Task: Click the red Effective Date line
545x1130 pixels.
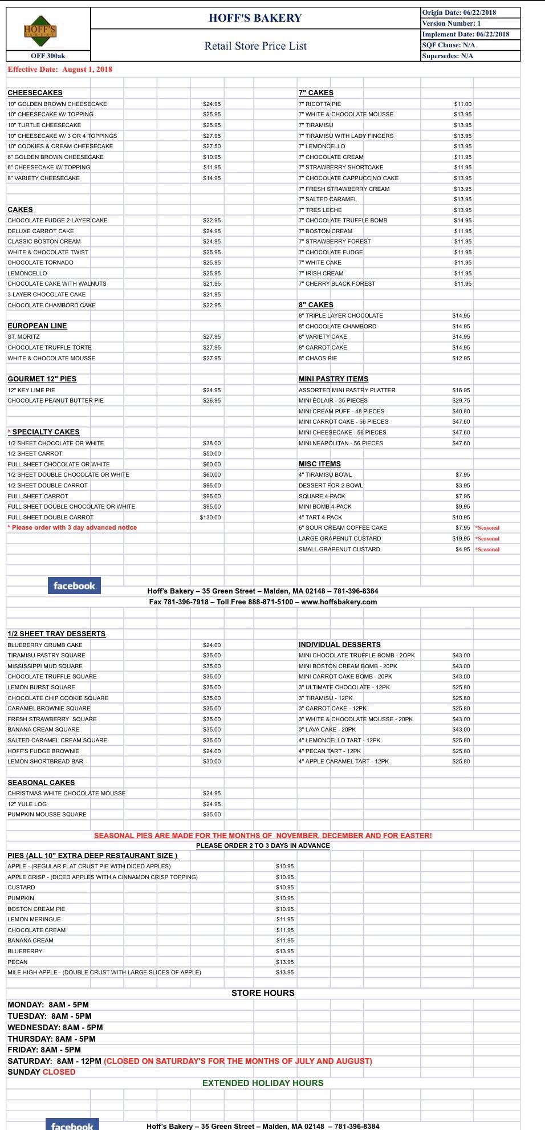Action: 60,70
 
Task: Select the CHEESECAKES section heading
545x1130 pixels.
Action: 35,93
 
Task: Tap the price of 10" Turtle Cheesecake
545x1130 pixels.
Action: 212,125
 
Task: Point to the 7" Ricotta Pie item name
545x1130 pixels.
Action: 320,104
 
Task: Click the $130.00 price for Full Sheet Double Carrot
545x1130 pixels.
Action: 210,518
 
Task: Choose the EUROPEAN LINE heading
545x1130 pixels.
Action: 37,326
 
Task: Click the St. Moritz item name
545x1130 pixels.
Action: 23,337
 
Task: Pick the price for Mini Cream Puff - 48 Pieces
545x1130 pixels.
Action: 461,412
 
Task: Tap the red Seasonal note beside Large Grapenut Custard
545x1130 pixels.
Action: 487,539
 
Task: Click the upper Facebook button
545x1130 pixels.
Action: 74,586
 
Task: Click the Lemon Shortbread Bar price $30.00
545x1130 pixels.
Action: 212,762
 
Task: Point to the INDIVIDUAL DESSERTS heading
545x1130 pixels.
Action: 339,645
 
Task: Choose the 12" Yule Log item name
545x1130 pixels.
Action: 27,804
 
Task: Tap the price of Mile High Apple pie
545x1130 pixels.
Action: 284,973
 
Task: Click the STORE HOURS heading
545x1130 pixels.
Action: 263,993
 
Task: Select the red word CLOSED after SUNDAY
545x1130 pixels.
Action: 59,1072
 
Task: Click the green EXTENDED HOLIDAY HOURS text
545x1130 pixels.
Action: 263,1083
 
